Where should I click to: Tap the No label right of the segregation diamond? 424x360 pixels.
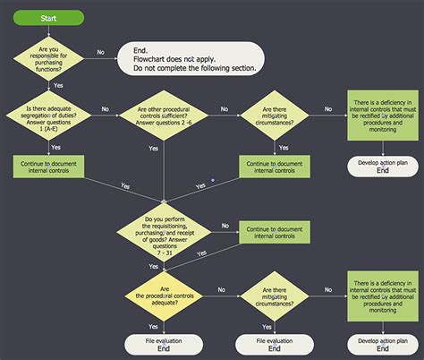tap(105, 109)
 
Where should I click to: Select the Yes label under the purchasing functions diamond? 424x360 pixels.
tap(58, 85)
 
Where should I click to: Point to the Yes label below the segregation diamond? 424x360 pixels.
tap(55, 146)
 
